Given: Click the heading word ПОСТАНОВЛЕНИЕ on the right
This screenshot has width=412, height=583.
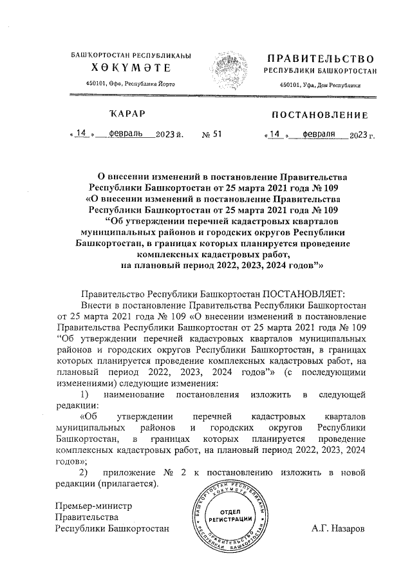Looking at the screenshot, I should pos(320,115).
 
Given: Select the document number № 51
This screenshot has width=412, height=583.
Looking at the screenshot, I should pos(211,135).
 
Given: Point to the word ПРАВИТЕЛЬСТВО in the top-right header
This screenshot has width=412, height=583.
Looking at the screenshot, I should pos(320,59).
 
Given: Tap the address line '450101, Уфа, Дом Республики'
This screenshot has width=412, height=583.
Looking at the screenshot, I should pos(320,86).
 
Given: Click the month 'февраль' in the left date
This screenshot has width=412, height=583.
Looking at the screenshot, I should pos(127,135).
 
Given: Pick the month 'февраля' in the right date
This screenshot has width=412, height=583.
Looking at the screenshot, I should pos(320,135).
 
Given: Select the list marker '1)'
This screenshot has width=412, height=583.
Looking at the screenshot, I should pos(84,393).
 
